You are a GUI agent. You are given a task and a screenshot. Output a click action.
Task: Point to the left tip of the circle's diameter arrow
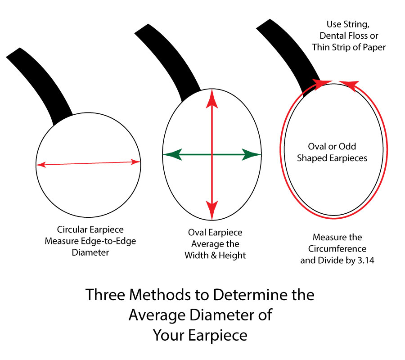38,165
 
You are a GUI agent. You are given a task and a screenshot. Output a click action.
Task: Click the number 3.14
364,260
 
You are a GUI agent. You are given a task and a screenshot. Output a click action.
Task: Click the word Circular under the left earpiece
72,229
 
